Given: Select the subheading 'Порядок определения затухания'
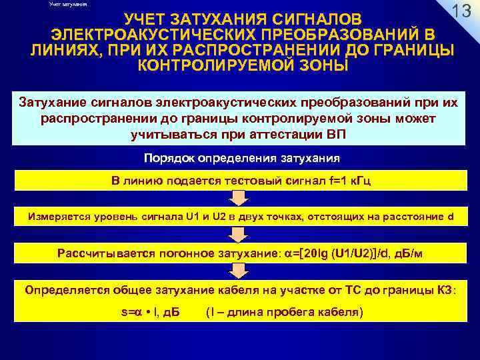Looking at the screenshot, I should [242, 159].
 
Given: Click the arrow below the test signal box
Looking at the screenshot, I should [239, 199].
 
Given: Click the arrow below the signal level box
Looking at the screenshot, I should [239, 234].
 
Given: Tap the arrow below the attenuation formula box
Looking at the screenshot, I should [239, 271].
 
